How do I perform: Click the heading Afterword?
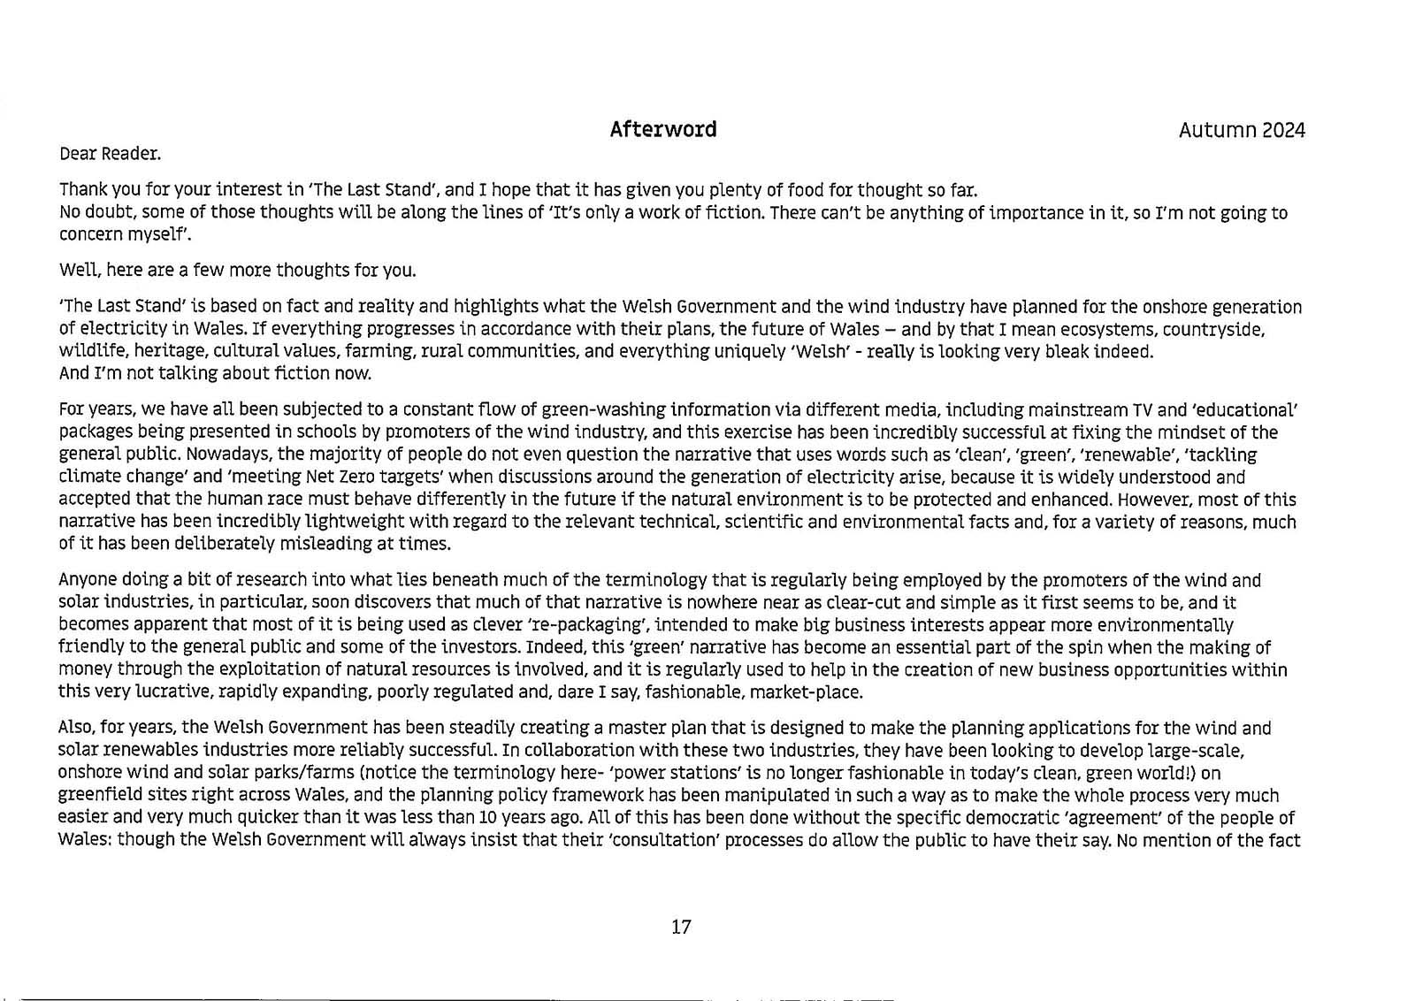point(662,130)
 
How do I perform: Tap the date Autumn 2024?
point(1241,131)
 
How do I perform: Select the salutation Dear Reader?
point(110,154)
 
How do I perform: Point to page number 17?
point(681,927)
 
